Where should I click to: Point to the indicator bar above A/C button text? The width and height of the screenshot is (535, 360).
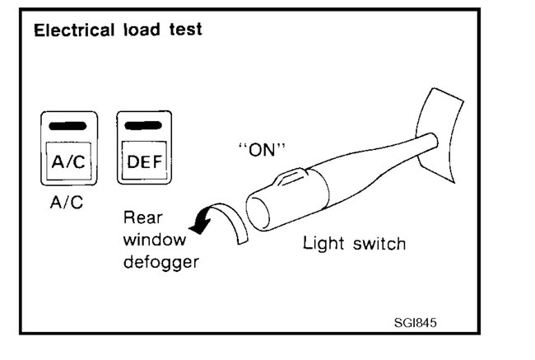[x=68, y=126]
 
